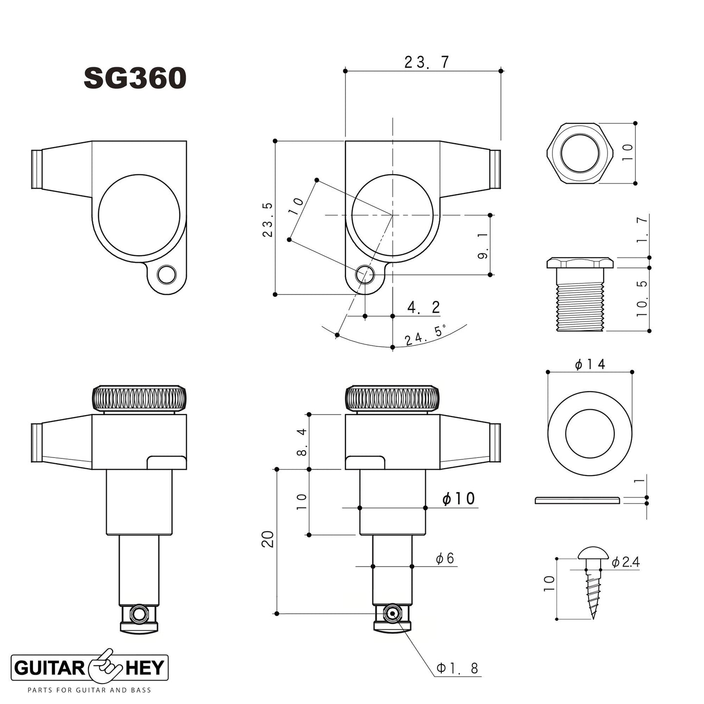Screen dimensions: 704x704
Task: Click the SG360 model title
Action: (x=135, y=78)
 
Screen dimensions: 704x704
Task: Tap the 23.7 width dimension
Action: (x=427, y=62)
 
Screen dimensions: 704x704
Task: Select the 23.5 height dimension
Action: (x=268, y=220)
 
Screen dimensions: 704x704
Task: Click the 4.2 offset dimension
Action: (x=424, y=307)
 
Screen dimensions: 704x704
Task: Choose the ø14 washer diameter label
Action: (x=590, y=364)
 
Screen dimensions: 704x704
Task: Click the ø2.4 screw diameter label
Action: (x=626, y=562)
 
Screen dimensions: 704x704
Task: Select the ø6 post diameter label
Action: (x=445, y=558)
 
